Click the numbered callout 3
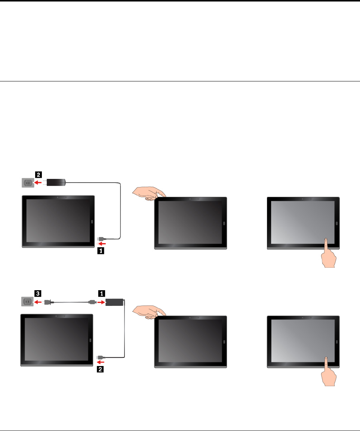tap(38, 294)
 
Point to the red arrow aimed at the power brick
tap(101, 302)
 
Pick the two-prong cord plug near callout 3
tap(47, 302)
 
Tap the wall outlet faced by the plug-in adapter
tap(27, 183)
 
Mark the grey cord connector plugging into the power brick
tap(91, 302)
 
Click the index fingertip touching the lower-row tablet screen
tap(326, 359)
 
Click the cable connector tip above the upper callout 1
tap(98, 238)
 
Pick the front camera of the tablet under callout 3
tap(55, 316)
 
